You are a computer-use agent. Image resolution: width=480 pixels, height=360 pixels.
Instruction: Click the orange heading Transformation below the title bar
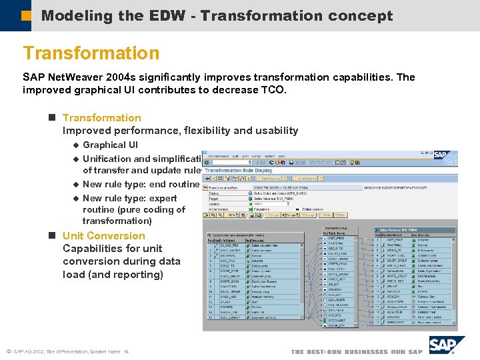coord(91,53)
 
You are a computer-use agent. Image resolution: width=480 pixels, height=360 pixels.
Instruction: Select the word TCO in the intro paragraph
coord(271,90)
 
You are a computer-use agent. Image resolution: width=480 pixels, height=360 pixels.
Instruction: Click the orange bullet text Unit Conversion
coord(103,236)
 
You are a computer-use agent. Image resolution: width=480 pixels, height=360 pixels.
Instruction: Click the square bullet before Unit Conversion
coord(52,236)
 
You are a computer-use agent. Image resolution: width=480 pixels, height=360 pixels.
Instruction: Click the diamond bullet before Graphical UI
coord(75,145)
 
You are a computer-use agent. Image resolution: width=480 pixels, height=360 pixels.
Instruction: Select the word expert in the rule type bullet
coord(162,198)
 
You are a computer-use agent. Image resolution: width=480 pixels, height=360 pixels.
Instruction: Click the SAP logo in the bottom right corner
coord(446,345)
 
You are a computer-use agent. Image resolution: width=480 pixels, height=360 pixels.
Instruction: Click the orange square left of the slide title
coord(26,15)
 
